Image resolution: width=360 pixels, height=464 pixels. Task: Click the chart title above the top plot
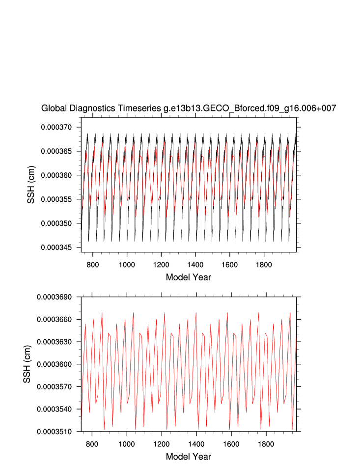tap(189, 109)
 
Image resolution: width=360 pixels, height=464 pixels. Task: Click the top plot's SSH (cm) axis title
tap(31, 187)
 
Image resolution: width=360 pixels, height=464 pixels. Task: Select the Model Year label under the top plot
tap(189, 277)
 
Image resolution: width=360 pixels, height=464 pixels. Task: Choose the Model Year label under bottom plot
tap(189, 457)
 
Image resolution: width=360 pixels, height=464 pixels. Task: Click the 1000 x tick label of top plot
tap(127, 264)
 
